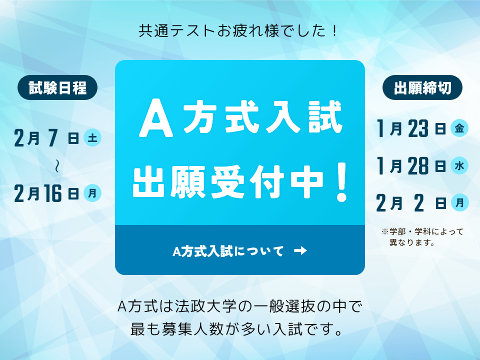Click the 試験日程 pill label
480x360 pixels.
click(x=57, y=88)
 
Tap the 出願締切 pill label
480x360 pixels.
click(x=422, y=88)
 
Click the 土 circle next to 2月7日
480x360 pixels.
click(x=92, y=137)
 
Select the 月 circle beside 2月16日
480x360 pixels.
click(x=92, y=192)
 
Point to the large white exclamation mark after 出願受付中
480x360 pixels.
click(x=341, y=182)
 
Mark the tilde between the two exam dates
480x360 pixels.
click(x=58, y=166)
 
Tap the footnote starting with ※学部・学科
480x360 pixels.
click(x=422, y=237)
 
